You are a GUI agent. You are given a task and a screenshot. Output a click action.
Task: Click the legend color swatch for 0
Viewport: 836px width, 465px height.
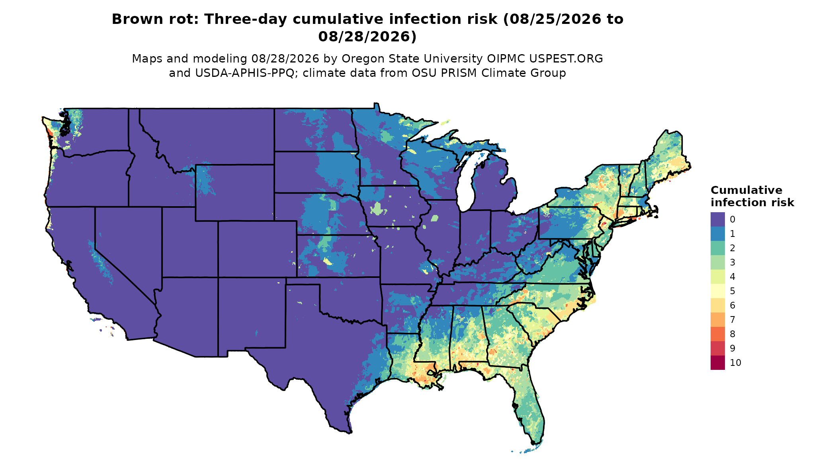pos(717,219)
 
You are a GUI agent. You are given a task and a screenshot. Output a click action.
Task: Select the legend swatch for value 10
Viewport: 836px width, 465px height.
pos(717,363)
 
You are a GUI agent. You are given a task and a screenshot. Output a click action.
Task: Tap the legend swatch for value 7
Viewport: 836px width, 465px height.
pos(717,320)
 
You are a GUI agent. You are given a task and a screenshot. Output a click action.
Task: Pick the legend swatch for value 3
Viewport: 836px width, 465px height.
pos(717,262)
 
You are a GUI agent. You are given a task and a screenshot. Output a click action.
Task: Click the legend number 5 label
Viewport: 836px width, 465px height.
pos(732,291)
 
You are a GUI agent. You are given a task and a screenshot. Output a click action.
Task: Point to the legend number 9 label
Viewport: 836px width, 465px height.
pos(732,348)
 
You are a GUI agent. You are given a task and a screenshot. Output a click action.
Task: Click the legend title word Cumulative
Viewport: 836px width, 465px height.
pos(746,190)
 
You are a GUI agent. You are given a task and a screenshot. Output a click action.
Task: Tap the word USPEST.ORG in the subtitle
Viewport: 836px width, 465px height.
pos(566,59)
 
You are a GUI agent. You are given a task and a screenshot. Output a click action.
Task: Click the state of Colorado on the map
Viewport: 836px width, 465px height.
pos(257,249)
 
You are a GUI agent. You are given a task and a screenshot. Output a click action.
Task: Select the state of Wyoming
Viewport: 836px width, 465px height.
pos(234,193)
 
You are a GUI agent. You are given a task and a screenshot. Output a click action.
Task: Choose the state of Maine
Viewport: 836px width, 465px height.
pos(667,157)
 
